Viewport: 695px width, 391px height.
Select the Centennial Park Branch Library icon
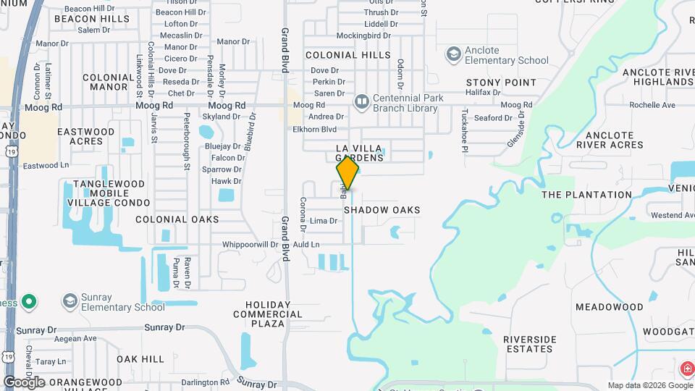tap(361, 103)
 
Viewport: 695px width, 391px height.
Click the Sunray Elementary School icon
tap(70, 301)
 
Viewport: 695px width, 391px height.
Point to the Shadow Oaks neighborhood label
tap(382, 210)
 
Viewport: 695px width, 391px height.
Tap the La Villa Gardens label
tap(359, 153)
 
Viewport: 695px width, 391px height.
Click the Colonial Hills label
tap(347, 55)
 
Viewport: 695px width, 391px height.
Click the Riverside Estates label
tap(529, 344)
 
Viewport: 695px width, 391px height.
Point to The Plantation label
tap(586, 195)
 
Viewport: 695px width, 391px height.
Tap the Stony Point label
tap(501, 83)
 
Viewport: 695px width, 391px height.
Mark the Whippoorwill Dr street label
tap(250, 245)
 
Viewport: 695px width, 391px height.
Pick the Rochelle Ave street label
tap(652, 105)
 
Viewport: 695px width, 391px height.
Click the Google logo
tap(24, 382)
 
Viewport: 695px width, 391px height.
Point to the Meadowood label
tap(609, 307)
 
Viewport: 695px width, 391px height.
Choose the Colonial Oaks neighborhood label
tap(177, 219)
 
